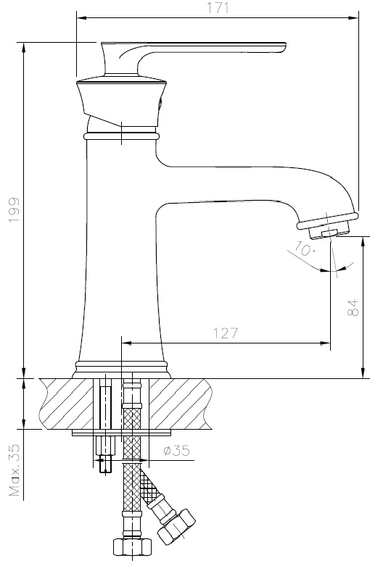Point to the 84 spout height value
353,307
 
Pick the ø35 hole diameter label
176,451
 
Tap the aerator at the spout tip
330,225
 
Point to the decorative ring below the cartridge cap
120,136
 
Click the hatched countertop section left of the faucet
65,403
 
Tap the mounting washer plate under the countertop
121,433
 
